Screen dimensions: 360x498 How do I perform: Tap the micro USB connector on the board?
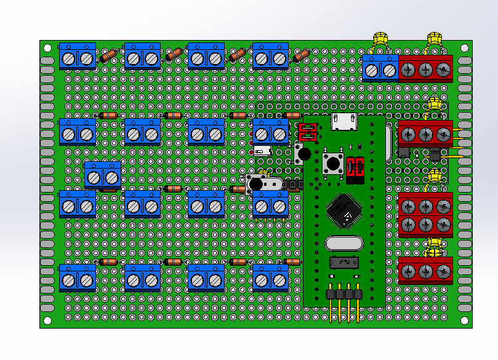pyautogui.click(x=343, y=122)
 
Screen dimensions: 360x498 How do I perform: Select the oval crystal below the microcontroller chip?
pyautogui.click(x=343, y=244)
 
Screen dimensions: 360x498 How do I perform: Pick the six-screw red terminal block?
pyautogui.click(x=425, y=215)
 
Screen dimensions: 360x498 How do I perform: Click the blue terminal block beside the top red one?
pyautogui.click(x=380, y=68)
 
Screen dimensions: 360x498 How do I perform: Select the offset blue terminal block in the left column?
pyautogui.click(x=103, y=177)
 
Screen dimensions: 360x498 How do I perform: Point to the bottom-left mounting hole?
pyautogui.click(x=47, y=320)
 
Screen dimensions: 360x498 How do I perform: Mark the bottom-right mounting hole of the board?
pyautogui.click(x=463, y=320)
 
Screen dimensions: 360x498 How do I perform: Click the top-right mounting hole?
pyautogui.click(x=463, y=47)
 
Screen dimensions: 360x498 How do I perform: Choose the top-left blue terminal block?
pyautogui.click(x=78, y=57)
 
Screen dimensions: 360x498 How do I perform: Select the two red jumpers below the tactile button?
pyautogui.click(x=355, y=169)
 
